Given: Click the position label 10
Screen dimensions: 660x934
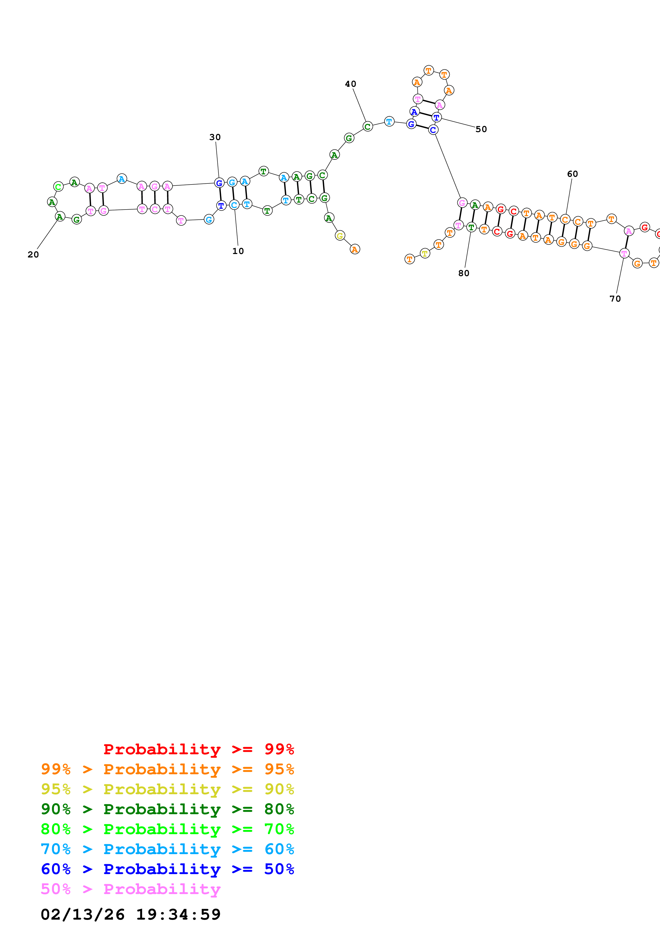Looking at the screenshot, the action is pos(238,251).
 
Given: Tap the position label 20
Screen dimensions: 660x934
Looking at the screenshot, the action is pos(33,255).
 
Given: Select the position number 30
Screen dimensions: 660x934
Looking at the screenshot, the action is pos(215,137).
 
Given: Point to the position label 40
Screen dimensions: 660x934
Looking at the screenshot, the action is pos(351,84).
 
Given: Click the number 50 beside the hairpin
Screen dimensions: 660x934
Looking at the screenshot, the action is pos(481,129).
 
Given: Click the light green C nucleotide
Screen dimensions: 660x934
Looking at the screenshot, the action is pos(59,187).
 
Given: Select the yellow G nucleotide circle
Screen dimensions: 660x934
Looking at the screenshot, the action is pos(340,236).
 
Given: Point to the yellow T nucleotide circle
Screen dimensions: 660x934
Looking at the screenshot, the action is pos(425,253).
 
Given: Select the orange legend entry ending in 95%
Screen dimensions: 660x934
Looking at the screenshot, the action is pos(167,769).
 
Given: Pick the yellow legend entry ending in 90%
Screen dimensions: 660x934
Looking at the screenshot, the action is pos(167,789).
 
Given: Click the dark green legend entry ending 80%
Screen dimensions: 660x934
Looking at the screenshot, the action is pos(167,809).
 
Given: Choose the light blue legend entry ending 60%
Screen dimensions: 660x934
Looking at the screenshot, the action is pos(167,849).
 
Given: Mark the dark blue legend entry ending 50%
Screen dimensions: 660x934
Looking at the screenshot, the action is pos(167,869).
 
